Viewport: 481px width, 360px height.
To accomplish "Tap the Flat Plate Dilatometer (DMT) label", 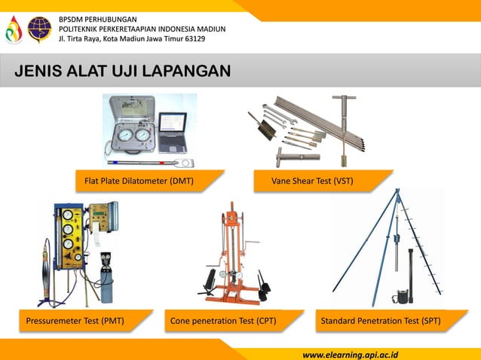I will click(x=139, y=182).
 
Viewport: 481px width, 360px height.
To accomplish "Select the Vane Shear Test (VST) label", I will click(x=312, y=182).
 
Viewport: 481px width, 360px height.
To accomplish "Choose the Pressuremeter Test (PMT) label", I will click(x=75, y=322).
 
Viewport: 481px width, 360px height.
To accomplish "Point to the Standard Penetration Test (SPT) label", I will click(x=381, y=322).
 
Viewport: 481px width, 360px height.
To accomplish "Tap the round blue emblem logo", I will click(x=39, y=28).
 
